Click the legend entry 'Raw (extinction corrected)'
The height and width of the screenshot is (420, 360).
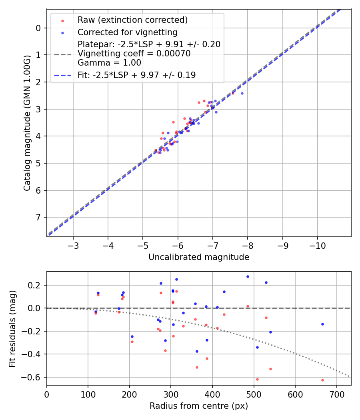[x=133, y=20]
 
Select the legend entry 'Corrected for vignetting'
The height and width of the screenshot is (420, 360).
[x=127, y=32]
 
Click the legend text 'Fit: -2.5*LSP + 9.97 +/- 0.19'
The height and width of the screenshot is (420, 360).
[x=136, y=75]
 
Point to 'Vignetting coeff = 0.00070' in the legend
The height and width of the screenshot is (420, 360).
[x=134, y=53]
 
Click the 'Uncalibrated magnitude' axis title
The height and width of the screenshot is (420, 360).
[x=199, y=257]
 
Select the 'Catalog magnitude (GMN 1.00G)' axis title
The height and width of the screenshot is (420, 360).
[x=27, y=123]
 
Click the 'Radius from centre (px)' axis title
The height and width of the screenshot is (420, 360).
[x=199, y=406]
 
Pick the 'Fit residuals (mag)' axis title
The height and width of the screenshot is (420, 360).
[x=13, y=328]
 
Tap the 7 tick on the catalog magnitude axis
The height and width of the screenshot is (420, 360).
[x=38, y=217]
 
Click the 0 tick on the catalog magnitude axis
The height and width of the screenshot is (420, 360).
[x=38, y=28]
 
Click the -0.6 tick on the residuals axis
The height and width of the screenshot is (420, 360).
[x=35, y=377]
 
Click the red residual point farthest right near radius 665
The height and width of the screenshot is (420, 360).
[x=322, y=380]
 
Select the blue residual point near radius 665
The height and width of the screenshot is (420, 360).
[x=322, y=324]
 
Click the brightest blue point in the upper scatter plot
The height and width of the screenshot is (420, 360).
[x=242, y=93]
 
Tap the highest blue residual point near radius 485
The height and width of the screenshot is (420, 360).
[x=248, y=276]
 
